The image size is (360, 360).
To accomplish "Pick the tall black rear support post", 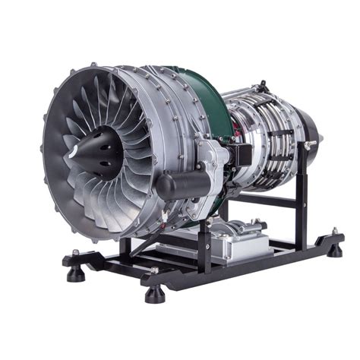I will [x=303, y=182].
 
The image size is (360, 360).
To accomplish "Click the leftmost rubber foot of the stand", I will [x=76, y=273].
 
